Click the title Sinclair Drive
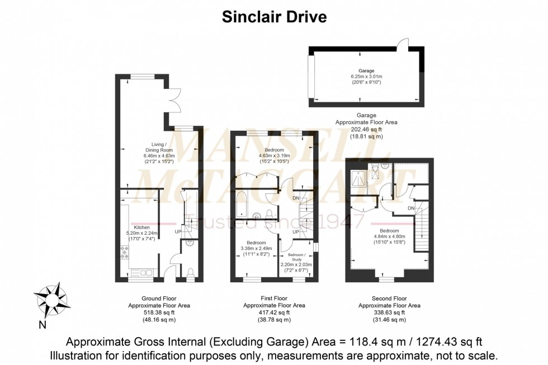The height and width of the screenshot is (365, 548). click(x=274, y=17)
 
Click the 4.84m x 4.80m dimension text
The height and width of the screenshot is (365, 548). click(x=389, y=236)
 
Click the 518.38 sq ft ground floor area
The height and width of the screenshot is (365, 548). click(x=159, y=313)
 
